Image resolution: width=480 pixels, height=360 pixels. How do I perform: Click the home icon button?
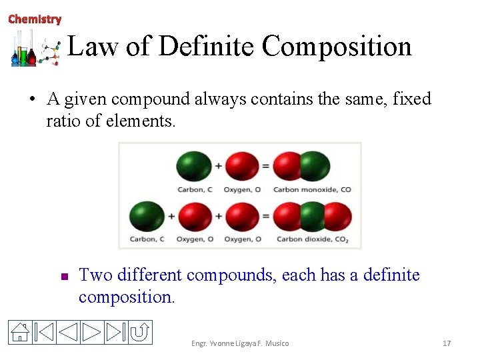coord(21,332)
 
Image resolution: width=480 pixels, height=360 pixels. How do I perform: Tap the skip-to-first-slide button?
coord(43,332)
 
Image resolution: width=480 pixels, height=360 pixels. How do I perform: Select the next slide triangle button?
coord(92,332)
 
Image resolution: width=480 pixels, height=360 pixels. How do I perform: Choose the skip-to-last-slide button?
coord(116,332)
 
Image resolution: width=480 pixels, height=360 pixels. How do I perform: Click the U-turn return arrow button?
coord(140,332)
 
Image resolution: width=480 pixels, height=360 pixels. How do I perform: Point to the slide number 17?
coord(447,343)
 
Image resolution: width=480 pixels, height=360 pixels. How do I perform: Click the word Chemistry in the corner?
coord(35,19)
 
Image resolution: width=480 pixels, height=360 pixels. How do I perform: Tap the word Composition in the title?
coord(337,46)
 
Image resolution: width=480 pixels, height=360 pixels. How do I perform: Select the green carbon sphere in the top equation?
coord(193,166)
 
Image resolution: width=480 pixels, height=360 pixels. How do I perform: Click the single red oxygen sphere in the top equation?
coord(241,166)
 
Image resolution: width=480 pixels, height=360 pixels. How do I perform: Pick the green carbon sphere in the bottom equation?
coord(147,217)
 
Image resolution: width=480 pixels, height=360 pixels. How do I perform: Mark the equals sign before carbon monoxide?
coord(266,165)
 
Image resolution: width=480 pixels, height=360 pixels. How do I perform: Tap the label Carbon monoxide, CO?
coord(312,189)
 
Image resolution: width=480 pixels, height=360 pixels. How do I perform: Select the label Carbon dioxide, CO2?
coord(313,239)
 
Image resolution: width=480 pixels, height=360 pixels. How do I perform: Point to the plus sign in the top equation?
coord(218,165)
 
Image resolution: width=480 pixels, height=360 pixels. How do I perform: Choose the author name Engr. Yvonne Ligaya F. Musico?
coord(240,343)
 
